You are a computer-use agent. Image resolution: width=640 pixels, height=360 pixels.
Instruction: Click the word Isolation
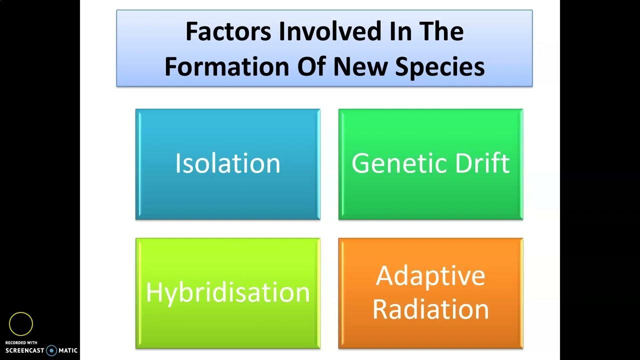click(x=227, y=163)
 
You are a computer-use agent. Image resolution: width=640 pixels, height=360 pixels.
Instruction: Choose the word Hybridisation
click(x=227, y=292)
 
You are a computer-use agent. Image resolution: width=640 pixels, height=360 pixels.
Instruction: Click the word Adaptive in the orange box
click(x=430, y=275)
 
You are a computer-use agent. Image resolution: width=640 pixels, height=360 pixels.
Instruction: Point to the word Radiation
click(x=430, y=309)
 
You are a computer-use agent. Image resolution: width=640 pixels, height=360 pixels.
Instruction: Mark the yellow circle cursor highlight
click(x=21, y=324)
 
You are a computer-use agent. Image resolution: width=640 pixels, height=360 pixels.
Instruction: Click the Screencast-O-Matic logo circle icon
click(x=51, y=350)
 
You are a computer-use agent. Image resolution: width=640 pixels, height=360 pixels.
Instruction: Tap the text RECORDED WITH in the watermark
click(x=21, y=342)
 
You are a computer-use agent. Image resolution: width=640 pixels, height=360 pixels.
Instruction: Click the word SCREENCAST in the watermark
click(x=24, y=351)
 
